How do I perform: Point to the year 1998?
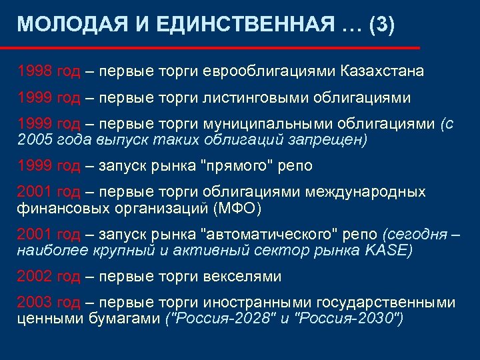click(x=34, y=70)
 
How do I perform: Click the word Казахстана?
click(x=382, y=70)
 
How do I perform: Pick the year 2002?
click(x=34, y=277)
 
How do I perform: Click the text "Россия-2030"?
click(x=347, y=319)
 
